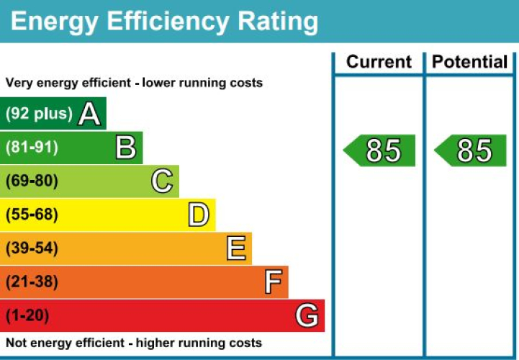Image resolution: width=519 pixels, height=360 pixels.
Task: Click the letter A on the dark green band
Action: tap(89, 114)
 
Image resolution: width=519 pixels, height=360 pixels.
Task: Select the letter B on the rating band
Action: tap(126, 148)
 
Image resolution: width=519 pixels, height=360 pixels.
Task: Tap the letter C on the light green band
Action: tap(162, 181)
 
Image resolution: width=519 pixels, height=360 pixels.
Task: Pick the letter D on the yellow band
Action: tap(198, 215)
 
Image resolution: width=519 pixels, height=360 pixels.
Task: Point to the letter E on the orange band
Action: tap(235, 248)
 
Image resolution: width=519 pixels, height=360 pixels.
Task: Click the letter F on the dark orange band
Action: tap(272, 282)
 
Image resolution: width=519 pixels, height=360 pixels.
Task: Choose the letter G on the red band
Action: tap(307, 315)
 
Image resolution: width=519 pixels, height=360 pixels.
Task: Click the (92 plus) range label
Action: tap(39, 114)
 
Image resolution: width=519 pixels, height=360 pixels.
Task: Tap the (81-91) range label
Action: tap(32, 148)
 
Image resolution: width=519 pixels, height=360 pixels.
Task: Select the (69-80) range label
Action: tap(32, 181)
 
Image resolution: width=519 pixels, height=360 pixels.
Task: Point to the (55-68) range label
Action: tap(32, 215)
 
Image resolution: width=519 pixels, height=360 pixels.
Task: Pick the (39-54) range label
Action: tap(32, 248)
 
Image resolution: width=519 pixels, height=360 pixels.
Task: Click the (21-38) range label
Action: tap(32, 282)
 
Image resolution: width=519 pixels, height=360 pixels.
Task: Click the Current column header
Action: tap(379, 62)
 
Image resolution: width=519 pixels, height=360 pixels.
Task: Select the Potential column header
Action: tap(470, 62)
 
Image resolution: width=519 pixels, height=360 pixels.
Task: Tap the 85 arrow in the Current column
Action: tap(380, 150)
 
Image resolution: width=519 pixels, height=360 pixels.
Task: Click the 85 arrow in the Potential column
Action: tap(471, 150)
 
